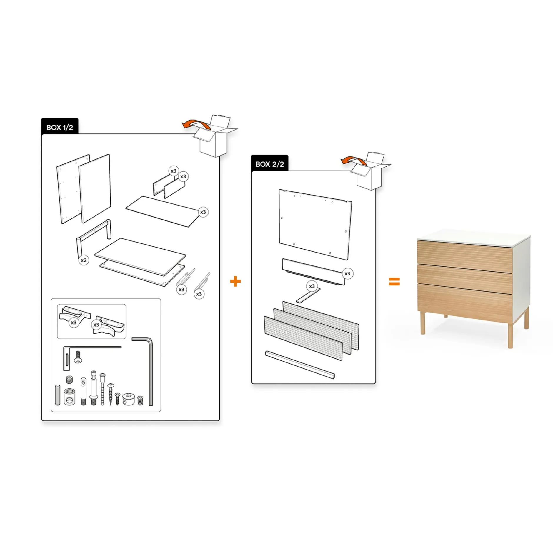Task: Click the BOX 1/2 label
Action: (x=60, y=127)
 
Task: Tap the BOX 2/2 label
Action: (x=269, y=164)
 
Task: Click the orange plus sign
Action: (x=235, y=281)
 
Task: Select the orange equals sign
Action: (x=394, y=281)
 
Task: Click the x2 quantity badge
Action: (x=84, y=260)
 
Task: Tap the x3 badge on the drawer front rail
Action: (x=347, y=274)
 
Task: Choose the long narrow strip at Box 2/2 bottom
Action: (x=300, y=365)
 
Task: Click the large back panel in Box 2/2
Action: (x=315, y=225)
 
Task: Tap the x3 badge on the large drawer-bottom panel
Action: (x=203, y=212)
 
